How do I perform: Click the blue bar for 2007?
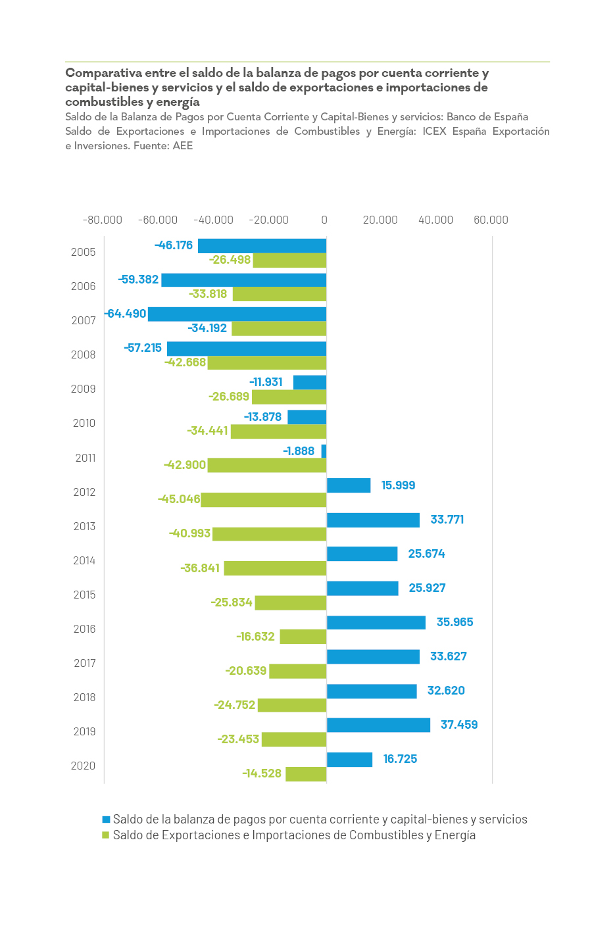[x=237, y=314]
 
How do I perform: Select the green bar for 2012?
[x=263, y=499]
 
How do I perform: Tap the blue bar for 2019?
[x=378, y=725]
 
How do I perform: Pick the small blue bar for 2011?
[x=324, y=451]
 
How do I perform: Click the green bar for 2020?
[x=306, y=773]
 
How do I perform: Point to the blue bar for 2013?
[x=373, y=520]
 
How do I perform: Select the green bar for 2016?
[x=303, y=637]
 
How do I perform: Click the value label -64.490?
[x=126, y=314]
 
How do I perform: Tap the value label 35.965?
[x=455, y=622]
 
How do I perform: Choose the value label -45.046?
[x=179, y=499]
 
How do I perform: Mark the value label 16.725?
[x=400, y=759]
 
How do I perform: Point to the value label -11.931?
[x=266, y=382]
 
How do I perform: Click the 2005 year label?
[x=84, y=252]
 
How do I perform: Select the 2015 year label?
[x=84, y=595]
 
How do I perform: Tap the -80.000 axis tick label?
[x=103, y=220]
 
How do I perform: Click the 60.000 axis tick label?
[x=491, y=220]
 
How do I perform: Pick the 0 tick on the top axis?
[x=324, y=220]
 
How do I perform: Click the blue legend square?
[x=106, y=820]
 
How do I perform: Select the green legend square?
[x=106, y=835]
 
